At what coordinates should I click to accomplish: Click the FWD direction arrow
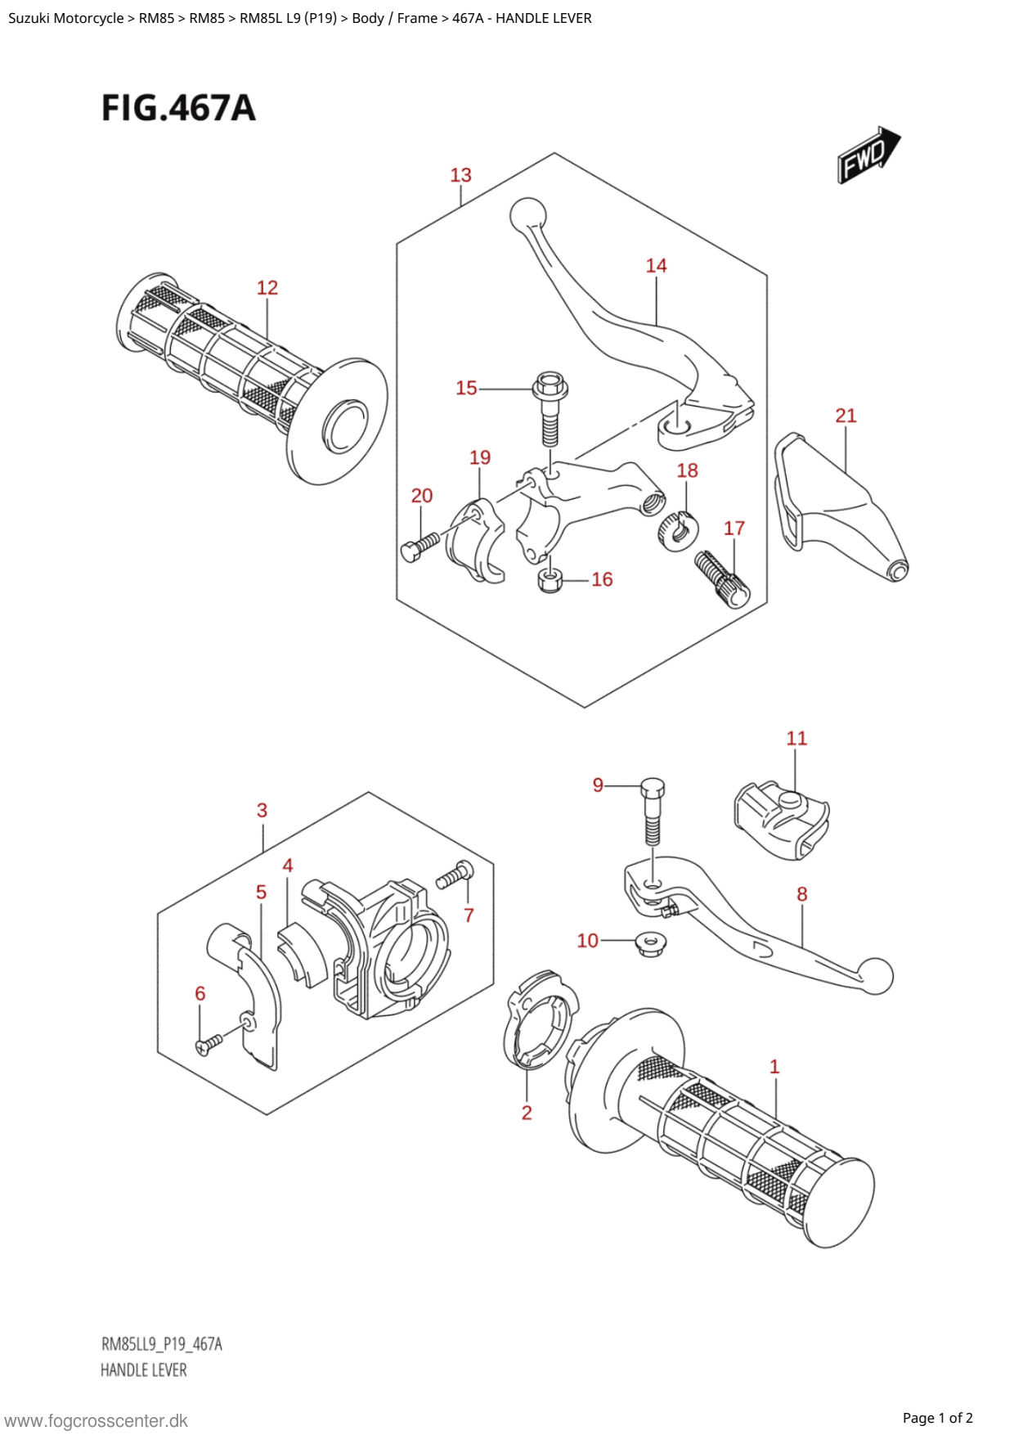pos(868,154)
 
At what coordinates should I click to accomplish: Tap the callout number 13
pos(460,175)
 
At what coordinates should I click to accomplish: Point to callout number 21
pos(846,416)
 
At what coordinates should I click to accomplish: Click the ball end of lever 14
pos(527,214)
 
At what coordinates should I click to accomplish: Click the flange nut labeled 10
pos(651,945)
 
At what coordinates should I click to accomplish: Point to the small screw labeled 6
pos(209,1043)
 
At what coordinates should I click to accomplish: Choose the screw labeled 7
pos(455,875)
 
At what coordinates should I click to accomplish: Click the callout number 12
pos(267,288)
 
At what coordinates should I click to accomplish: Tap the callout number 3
pos(262,811)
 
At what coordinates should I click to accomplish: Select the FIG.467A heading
pos(178,108)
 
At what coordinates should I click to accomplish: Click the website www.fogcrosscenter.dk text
pos(96,1421)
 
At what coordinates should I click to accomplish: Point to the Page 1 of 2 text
pos(937,1418)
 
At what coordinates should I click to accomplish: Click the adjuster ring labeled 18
pos(677,530)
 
